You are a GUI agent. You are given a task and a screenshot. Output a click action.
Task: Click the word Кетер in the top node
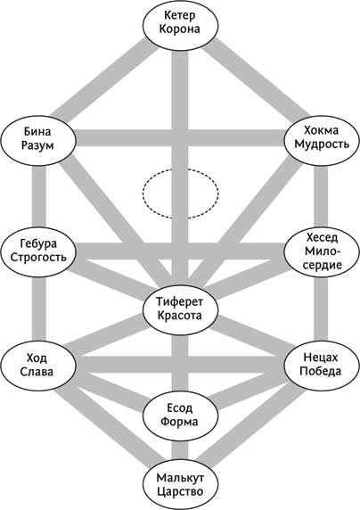click(x=180, y=15)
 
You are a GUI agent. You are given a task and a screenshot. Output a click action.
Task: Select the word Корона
click(x=180, y=29)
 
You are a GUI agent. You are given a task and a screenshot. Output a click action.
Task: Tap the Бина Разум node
click(x=38, y=141)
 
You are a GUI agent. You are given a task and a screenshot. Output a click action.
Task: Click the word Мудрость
click(x=322, y=144)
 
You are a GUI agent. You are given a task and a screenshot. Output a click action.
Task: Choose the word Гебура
click(x=38, y=243)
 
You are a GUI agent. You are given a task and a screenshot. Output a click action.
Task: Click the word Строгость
click(x=38, y=257)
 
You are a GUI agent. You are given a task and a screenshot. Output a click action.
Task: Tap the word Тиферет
click(x=180, y=302)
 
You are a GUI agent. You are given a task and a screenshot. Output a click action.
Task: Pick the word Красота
click(x=180, y=316)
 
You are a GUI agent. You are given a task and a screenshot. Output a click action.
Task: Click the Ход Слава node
click(x=38, y=365)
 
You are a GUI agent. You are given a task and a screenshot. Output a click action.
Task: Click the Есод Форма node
click(x=180, y=415)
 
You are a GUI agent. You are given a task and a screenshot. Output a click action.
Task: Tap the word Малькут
click(x=180, y=478)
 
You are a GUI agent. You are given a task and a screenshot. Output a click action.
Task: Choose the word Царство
click(x=180, y=491)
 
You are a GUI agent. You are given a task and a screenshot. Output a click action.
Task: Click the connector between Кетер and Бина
click(x=105, y=79)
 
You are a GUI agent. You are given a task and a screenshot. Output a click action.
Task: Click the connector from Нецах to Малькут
click(x=250, y=425)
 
